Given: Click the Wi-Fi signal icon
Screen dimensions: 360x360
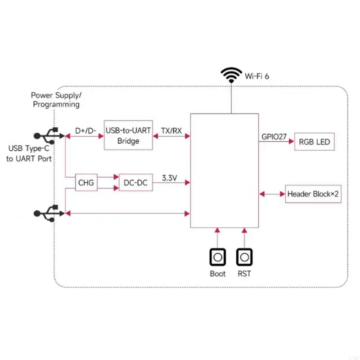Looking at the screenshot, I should tap(231, 75).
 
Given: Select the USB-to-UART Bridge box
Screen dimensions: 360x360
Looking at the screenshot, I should tap(128, 135).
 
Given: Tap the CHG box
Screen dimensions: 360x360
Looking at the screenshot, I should tap(86, 183).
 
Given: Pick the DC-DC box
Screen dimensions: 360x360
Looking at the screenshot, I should tap(135, 183).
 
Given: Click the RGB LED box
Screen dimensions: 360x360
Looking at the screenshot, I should tap(314, 142).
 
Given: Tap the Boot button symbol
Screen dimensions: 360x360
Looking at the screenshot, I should tap(218, 257).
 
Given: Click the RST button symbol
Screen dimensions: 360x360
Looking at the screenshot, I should tap(244, 257).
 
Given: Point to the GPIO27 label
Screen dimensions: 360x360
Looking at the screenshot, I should tap(274, 136).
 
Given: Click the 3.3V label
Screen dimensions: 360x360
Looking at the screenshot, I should tap(170, 178).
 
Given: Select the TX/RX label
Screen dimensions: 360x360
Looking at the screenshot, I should tap(171, 131).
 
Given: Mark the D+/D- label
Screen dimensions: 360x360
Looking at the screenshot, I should tap(85, 131).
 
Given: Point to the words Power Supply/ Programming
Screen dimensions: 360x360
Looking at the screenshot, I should tap(56, 100).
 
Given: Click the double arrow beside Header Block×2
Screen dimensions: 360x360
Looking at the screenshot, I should tap(271, 194).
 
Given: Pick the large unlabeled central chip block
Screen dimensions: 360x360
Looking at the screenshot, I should tap(225, 171).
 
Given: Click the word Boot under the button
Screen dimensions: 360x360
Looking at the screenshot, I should tap(218, 274).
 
